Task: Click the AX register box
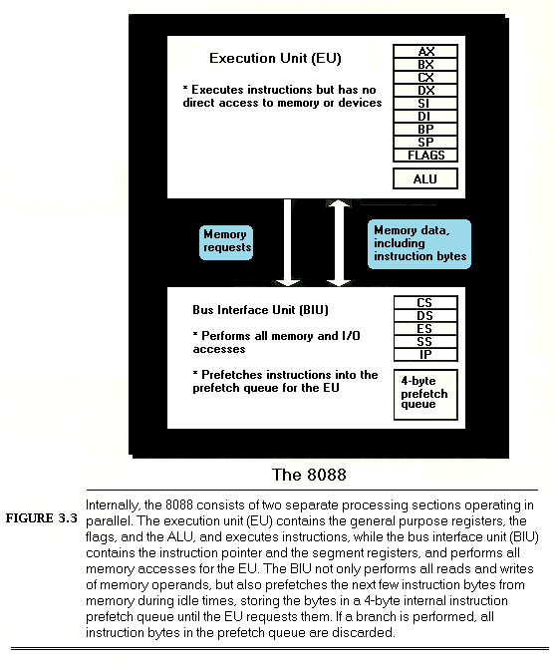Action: point(425,51)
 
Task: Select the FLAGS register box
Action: point(425,156)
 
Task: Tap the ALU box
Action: point(425,178)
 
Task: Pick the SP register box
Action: point(425,142)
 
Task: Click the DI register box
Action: point(425,116)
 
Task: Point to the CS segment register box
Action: point(425,302)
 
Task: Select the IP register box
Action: point(425,355)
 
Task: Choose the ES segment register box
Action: point(425,328)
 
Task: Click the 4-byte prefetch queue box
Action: point(425,395)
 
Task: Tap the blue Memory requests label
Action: point(226,242)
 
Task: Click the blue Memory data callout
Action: point(419,244)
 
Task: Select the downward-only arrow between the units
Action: point(288,242)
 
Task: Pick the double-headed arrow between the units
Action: point(339,242)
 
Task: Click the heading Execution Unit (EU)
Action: point(275,59)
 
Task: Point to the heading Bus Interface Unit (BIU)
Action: point(260,310)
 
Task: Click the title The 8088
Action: point(310,475)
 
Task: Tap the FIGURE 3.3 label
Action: point(41,518)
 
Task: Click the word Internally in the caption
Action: point(112,505)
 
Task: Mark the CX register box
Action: point(425,77)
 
